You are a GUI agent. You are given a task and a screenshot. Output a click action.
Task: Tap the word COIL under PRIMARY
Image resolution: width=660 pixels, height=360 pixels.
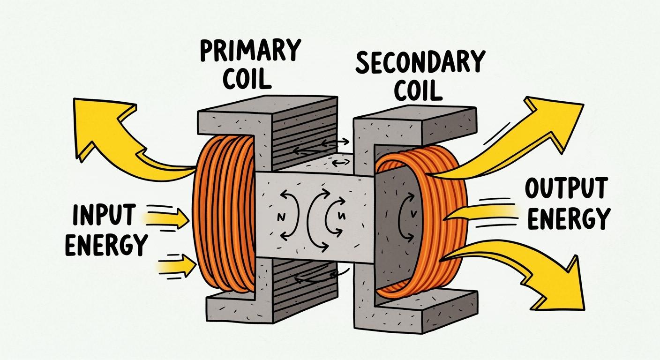tap(247, 79)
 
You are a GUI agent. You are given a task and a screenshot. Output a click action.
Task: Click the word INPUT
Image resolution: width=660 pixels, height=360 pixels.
tap(104, 215)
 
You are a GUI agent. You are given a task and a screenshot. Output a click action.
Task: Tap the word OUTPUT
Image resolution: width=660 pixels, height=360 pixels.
tap(565, 189)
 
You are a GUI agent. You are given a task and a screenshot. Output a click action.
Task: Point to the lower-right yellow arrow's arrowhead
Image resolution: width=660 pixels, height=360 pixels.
tap(562, 286)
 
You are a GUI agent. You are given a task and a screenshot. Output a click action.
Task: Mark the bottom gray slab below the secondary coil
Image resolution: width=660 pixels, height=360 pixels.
tap(422, 305)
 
